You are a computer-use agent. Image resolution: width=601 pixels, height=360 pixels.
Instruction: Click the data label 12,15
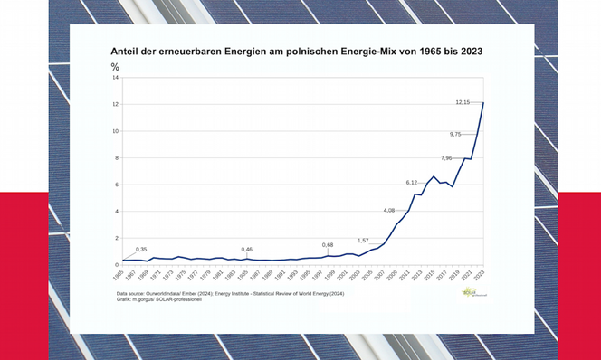(463, 102)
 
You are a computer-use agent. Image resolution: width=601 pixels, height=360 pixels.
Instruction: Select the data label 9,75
(456, 134)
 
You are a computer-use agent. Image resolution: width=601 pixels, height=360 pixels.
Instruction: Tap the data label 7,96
(447, 158)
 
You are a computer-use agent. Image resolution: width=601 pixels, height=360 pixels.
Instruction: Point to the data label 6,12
(412, 183)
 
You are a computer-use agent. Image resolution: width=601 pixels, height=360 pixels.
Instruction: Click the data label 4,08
(389, 211)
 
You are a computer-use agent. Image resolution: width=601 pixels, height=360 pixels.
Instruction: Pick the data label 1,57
(364, 241)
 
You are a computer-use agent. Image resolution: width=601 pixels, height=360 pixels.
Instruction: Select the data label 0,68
(328, 245)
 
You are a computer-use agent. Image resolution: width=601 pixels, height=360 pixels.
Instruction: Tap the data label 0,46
(246, 249)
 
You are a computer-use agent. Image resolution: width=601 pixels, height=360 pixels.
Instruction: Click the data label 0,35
(141, 249)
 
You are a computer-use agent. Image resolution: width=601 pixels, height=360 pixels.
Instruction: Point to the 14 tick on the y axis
(115, 78)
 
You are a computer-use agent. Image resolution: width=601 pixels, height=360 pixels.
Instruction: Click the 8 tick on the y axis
(116, 158)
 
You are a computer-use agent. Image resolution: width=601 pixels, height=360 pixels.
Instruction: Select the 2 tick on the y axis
(116, 238)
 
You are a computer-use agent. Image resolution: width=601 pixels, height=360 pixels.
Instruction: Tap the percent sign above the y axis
(115, 67)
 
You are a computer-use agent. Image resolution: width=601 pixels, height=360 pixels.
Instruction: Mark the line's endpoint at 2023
(483, 102)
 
